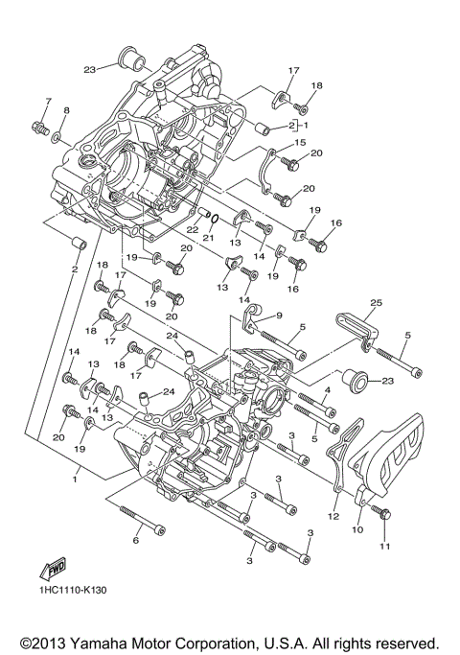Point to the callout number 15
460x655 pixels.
pyautogui.click(x=300, y=143)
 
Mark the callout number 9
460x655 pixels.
pyautogui.click(x=280, y=315)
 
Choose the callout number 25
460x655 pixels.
pyautogui.click(x=376, y=303)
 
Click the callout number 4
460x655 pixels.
pyautogui.click(x=326, y=389)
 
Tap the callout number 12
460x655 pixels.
pyautogui.click(x=333, y=516)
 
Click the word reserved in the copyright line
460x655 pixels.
pyautogui.click(x=405, y=641)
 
